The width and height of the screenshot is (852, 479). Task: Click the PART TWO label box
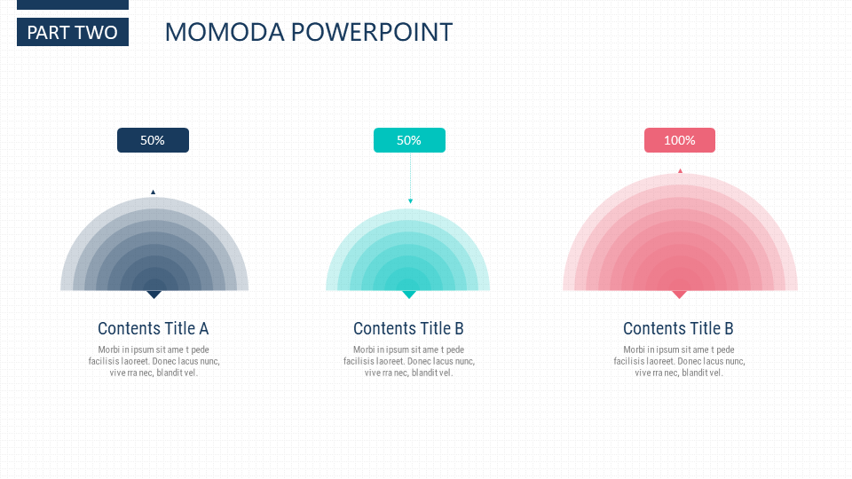pos(73,32)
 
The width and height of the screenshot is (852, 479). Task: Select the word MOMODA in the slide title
pos(225,32)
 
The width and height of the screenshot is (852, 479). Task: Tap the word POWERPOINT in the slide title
pos(372,32)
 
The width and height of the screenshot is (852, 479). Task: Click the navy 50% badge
pos(154,140)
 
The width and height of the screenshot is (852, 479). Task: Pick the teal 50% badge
pos(409,140)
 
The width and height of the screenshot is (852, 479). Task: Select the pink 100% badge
pos(680,140)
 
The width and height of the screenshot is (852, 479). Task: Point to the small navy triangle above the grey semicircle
pos(154,192)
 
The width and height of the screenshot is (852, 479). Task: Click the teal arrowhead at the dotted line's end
pos(410,201)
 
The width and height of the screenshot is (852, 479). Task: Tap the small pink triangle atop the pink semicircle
pos(680,170)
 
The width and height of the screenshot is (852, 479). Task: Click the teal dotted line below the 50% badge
pos(410,176)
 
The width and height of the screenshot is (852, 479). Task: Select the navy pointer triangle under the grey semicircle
pos(154,294)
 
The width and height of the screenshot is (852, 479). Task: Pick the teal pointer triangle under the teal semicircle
pos(408,294)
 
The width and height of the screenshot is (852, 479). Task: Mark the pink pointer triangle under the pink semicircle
pos(679,294)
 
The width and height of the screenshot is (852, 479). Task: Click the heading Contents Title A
pos(154,328)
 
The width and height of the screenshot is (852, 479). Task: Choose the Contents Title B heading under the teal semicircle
pos(408,328)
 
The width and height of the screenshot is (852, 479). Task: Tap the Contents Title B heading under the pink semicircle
pos(678,328)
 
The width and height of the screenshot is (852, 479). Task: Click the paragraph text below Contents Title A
pos(154,361)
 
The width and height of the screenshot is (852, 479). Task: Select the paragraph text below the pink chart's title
pos(679,361)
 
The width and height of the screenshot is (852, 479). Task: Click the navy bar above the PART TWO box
pos(73,4)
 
